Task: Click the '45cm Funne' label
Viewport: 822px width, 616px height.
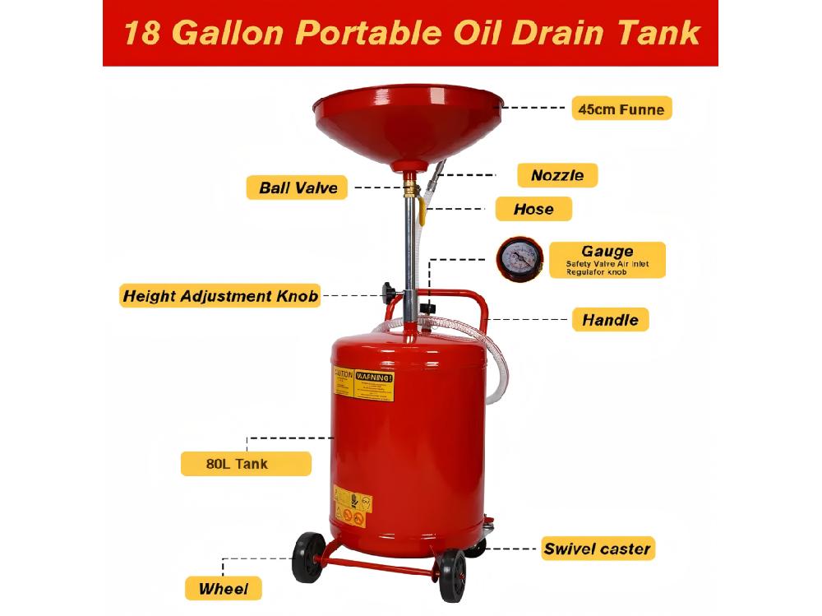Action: pyautogui.click(x=621, y=108)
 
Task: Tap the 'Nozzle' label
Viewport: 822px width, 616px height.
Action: pyautogui.click(x=557, y=175)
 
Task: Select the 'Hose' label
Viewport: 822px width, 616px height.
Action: pyautogui.click(x=533, y=209)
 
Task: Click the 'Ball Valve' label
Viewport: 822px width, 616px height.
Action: pyautogui.click(x=298, y=188)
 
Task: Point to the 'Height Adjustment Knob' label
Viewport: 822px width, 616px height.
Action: pyautogui.click(x=219, y=296)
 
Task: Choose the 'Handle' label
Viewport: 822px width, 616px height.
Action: pyautogui.click(x=610, y=319)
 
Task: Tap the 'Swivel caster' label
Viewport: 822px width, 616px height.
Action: pyautogui.click(x=597, y=549)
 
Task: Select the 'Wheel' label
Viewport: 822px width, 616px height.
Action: pyautogui.click(x=223, y=589)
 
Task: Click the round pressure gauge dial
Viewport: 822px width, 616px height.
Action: pyautogui.click(x=518, y=260)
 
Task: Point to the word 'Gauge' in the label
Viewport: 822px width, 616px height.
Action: pyautogui.click(x=607, y=251)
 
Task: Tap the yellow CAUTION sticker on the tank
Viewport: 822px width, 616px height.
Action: pyautogui.click(x=343, y=384)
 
